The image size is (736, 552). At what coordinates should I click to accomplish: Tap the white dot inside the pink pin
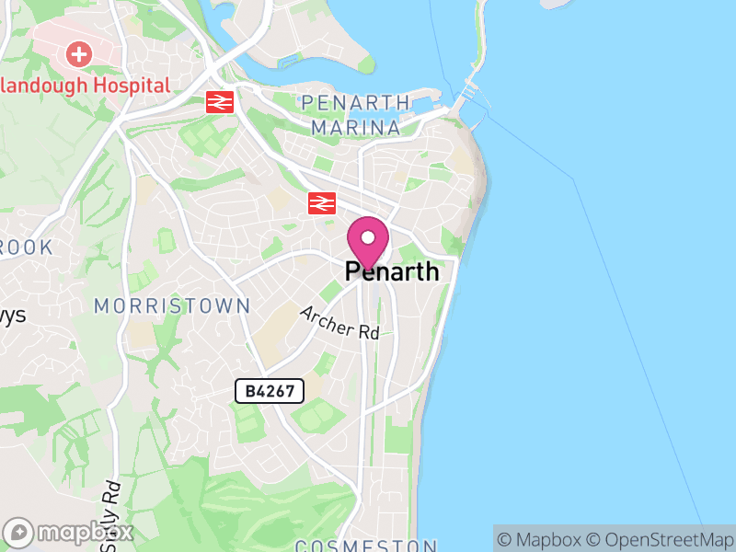[x=367, y=237]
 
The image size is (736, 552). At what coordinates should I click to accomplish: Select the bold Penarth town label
[x=392, y=272]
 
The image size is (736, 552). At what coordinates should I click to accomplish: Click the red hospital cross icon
[x=80, y=53]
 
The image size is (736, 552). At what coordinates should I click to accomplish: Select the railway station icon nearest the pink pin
[x=321, y=202]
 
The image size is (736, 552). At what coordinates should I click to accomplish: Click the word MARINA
[x=355, y=127]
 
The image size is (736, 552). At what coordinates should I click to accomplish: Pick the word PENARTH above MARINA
[x=355, y=101]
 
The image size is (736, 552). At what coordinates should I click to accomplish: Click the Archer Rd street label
[x=339, y=323]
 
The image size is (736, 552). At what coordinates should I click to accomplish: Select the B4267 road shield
[x=270, y=391]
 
